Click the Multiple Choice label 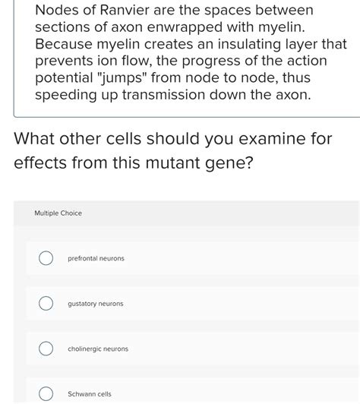pyautogui.click(x=58, y=213)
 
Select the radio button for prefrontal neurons pyautogui.click(x=46, y=259)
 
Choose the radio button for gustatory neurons pyautogui.click(x=46, y=304)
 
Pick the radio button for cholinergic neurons pyautogui.click(x=46, y=349)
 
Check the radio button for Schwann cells pyautogui.click(x=46, y=393)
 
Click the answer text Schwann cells pyautogui.click(x=90, y=394)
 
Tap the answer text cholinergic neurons pyautogui.click(x=98, y=349)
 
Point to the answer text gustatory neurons pyautogui.click(x=95, y=304)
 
